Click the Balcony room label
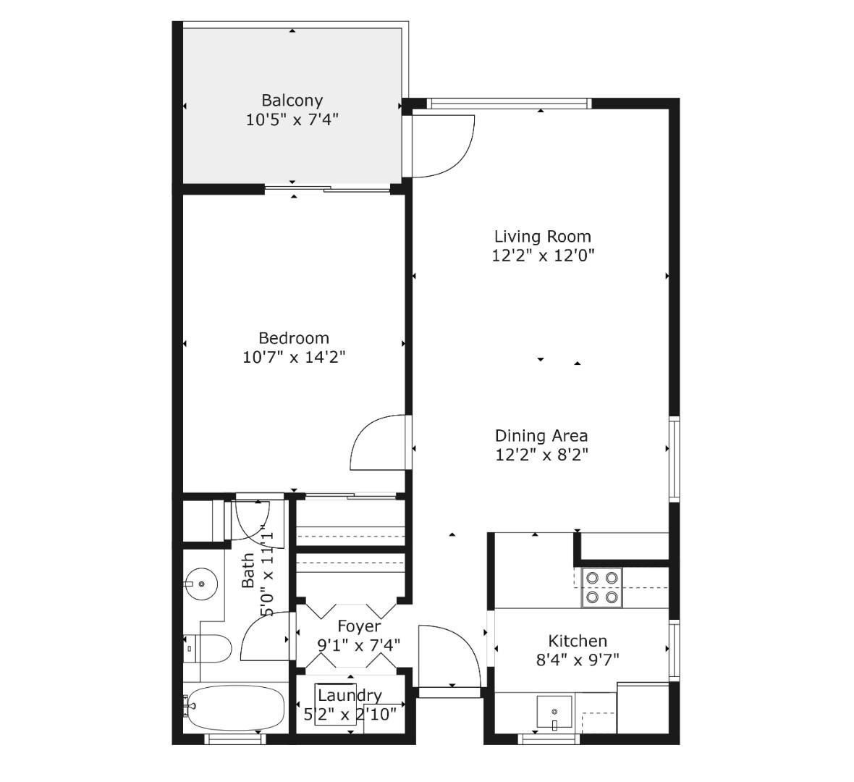point(292,101)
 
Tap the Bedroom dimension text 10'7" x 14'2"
point(294,358)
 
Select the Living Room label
point(543,237)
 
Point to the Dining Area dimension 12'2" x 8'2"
point(542,455)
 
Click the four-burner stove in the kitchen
point(602,588)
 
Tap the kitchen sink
point(554,712)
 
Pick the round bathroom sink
point(200,584)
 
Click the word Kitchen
point(578,641)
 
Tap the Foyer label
point(359,626)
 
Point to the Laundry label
point(350,695)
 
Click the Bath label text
point(248,570)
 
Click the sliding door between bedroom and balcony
point(327,189)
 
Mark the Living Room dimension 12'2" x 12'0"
point(543,255)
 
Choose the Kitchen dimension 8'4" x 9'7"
point(578,660)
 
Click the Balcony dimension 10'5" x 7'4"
point(292,120)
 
